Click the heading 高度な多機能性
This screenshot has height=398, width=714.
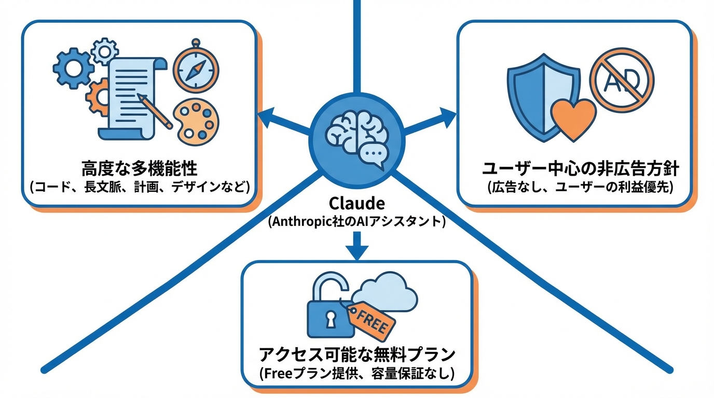pyautogui.click(x=140, y=169)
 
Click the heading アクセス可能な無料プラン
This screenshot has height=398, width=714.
pyautogui.click(x=357, y=355)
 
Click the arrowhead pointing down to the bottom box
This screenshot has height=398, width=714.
pyautogui.click(x=357, y=251)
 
